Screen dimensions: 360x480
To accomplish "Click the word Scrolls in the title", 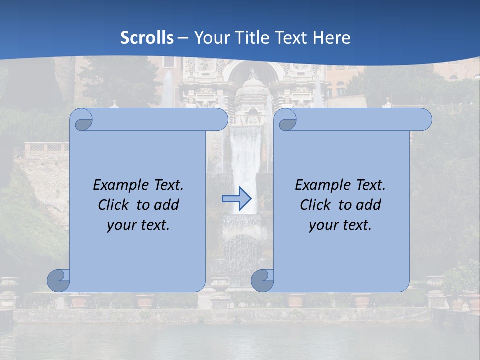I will [147, 38].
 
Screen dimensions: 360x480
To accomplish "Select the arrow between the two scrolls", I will [236, 199].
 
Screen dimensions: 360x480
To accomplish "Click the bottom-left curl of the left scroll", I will [58, 280].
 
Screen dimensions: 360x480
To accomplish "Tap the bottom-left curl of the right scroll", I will [262, 280].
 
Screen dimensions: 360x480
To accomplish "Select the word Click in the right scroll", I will [315, 205].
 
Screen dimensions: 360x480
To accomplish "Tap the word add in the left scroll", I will [166, 205].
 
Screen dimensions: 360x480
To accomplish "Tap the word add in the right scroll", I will [368, 205].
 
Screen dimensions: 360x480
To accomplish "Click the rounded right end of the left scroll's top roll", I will [220, 120].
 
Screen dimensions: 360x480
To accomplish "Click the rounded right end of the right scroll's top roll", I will [424, 120].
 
